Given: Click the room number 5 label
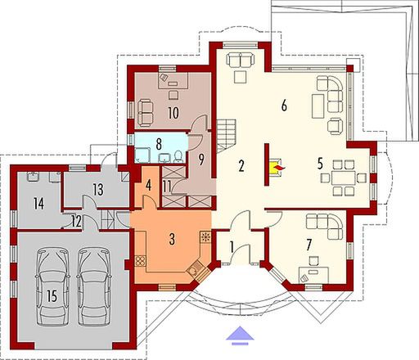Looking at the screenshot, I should pos(321,162).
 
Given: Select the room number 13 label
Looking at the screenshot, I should pos(97,189).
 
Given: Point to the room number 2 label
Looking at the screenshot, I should pos(242,166).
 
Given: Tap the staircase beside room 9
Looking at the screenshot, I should pos(226,129).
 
